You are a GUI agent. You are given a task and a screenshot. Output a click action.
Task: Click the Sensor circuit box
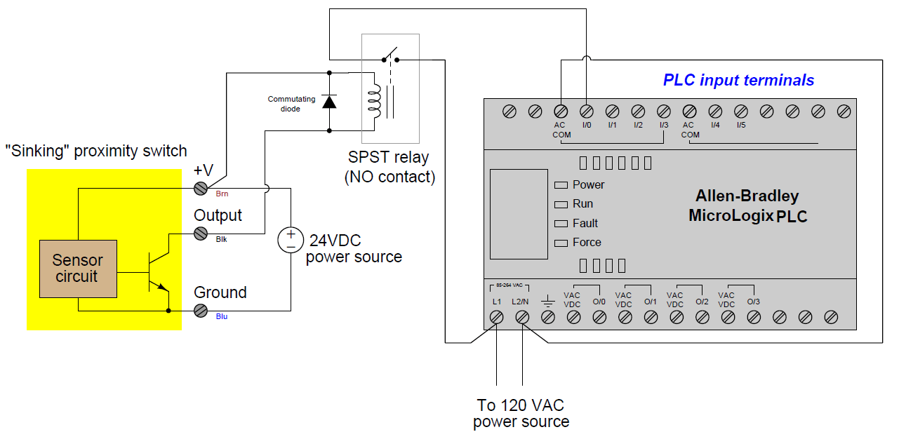77,269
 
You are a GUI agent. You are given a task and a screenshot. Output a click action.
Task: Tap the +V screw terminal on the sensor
201,188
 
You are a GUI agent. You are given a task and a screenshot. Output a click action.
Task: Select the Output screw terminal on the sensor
201,234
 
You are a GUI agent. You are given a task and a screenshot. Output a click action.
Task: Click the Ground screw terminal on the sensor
201,310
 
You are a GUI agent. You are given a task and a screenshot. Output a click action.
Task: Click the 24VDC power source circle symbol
290,240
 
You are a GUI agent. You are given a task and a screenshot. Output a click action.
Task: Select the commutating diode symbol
329,102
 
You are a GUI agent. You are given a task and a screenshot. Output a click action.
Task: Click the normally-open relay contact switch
389,55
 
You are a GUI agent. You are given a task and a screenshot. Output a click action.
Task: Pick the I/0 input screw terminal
586,111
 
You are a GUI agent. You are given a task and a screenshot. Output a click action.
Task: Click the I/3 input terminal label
663,125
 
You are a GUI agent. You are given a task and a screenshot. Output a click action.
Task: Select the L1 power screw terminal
495,317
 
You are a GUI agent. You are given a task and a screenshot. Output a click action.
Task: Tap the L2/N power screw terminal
521,317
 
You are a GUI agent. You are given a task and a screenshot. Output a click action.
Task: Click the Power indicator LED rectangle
560,185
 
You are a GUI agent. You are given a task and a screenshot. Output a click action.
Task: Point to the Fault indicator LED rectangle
560,224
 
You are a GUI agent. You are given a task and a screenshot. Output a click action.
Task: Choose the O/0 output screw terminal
599,317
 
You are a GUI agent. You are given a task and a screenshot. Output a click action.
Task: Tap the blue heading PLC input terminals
738,80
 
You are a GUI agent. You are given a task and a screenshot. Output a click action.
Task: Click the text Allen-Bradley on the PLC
747,196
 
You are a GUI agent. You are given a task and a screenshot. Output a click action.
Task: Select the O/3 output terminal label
753,302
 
